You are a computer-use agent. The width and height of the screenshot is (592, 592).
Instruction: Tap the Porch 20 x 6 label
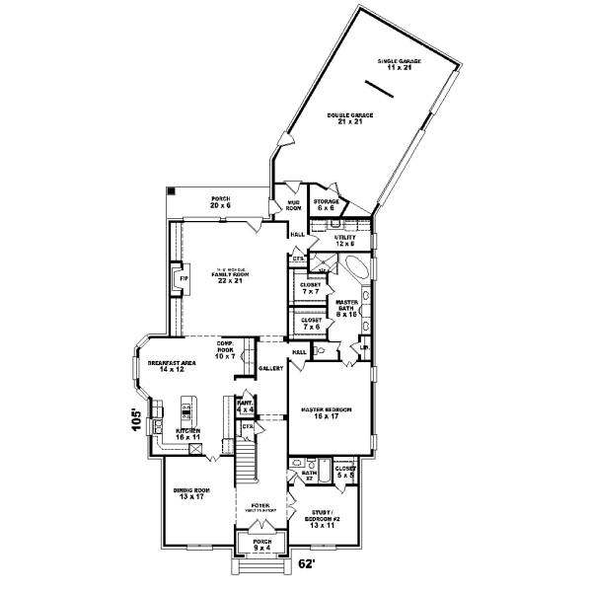220,202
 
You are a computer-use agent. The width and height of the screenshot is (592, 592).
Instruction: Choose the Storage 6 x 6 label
327,204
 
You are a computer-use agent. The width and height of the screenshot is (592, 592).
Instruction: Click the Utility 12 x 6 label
343,240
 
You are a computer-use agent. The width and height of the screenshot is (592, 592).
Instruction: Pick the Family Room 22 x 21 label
230,278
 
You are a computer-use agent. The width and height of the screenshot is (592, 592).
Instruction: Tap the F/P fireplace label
183,279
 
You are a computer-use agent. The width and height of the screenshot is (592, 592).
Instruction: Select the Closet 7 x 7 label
310,289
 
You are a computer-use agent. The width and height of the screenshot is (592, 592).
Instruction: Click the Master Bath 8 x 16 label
345,308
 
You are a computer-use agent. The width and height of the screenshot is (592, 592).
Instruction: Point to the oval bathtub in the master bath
352,270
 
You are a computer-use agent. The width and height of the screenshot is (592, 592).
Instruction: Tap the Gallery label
271,368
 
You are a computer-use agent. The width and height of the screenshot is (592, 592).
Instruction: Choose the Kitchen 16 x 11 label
188,435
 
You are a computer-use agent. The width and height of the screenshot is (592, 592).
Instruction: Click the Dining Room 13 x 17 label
188,495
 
